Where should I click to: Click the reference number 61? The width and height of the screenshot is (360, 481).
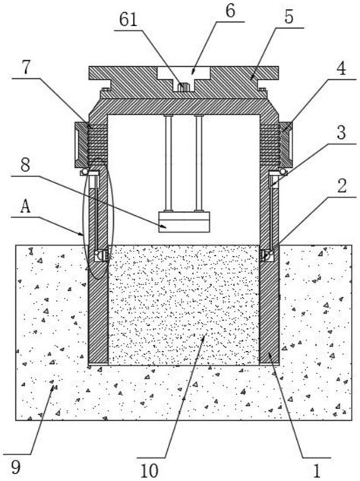coord(128,20)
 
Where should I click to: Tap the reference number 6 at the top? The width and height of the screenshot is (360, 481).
coord(230,11)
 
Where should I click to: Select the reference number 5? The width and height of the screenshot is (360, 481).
coord(289,17)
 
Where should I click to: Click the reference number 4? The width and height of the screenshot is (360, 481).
coord(341,68)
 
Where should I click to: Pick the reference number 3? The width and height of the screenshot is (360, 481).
coord(341,132)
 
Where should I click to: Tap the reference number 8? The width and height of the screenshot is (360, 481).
coord(25,165)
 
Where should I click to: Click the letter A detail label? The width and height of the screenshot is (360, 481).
coord(26,207)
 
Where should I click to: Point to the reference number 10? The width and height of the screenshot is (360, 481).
coord(150,470)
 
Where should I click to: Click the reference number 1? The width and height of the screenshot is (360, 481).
coord(317,470)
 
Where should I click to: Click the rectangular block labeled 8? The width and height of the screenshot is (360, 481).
coord(184,222)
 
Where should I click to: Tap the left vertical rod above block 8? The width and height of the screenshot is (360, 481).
coord(168,163)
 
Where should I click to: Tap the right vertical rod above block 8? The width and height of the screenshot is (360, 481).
coord(199,163)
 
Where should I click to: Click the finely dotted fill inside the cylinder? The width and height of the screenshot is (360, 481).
coord(183,305)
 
